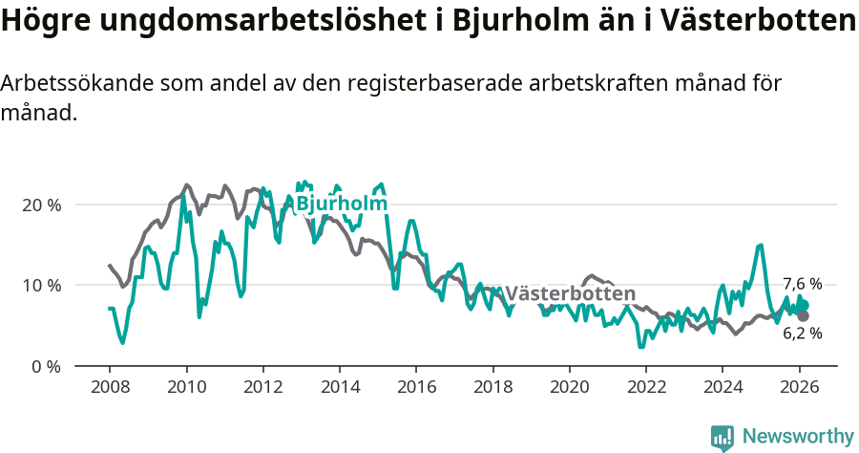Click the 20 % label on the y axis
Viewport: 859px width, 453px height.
pyautogui.click(x=41, y=205)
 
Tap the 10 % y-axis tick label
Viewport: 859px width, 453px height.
pyautogui.click(x=41, y=285)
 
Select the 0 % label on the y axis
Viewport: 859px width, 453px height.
pyautogui.click(x=45, y=366)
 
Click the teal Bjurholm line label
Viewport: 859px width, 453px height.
pyautogui.click(x=342, y=204)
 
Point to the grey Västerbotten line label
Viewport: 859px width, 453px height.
pyautogui.click(x=570, y=293)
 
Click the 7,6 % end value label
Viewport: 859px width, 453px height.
pyautogui.click(x=802, y=284)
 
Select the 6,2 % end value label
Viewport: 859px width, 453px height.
pyautogui.click(x=802, y=334)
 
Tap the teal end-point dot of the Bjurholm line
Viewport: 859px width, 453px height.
pyautogui.click(x=804, y=305)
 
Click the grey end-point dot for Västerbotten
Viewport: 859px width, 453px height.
pyautogui.click(x=804, y=315)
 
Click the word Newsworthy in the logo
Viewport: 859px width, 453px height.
pyautogui.click(x=798, y=437)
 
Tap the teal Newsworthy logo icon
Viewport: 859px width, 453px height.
pyautogui.click(x=723, y=438)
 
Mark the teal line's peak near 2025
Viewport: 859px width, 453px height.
pyautogui.click(x=761, y=246)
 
